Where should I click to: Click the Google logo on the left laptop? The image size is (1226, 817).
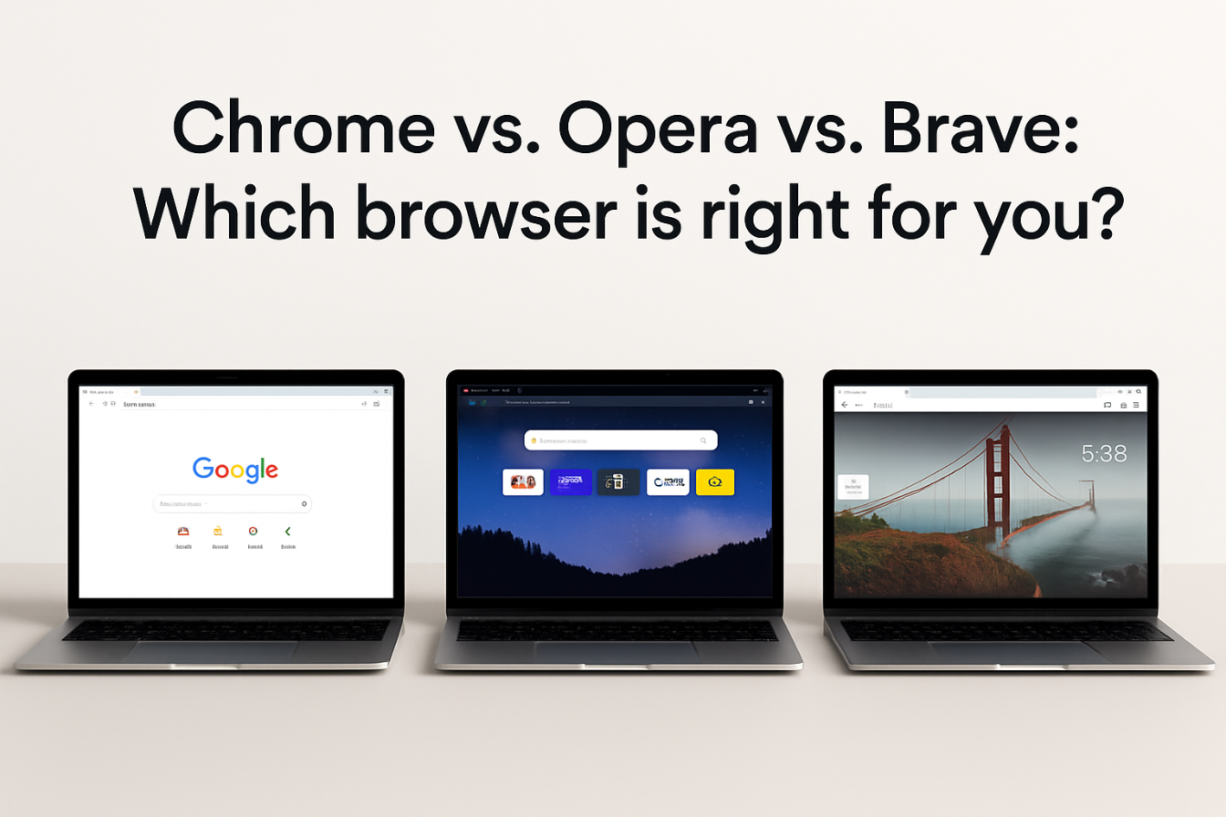pyautogui.click(x=234, y=469)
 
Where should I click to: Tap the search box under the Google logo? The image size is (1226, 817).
pyautogui.click(x=232, y=503)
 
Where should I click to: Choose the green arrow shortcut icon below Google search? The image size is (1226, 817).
pyautogui.click(x=287, y=531)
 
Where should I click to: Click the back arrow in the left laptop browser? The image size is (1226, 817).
pyautogui.click(x=90, y=403)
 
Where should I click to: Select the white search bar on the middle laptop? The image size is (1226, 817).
pyautogui.click(x=620, y=440)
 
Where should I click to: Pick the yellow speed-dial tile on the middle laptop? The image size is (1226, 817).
pyautogui.click(x=714, y=482)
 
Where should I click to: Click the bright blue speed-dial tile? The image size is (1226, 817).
pyautogui.click(x=571, y=482)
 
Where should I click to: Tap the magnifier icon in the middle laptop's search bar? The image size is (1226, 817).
pyautogui.click(x=703, y=440)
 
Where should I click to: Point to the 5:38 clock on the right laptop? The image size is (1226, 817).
pyautogui.click(x=1104, y=453)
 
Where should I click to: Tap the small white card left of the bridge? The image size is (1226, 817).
pyautogui.click(x=853, y=487)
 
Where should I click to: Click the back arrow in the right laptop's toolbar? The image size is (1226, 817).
pyautogui.click(x=845, y=404)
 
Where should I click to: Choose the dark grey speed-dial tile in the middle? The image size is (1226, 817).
pyautogui.click(x=618, y=482)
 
